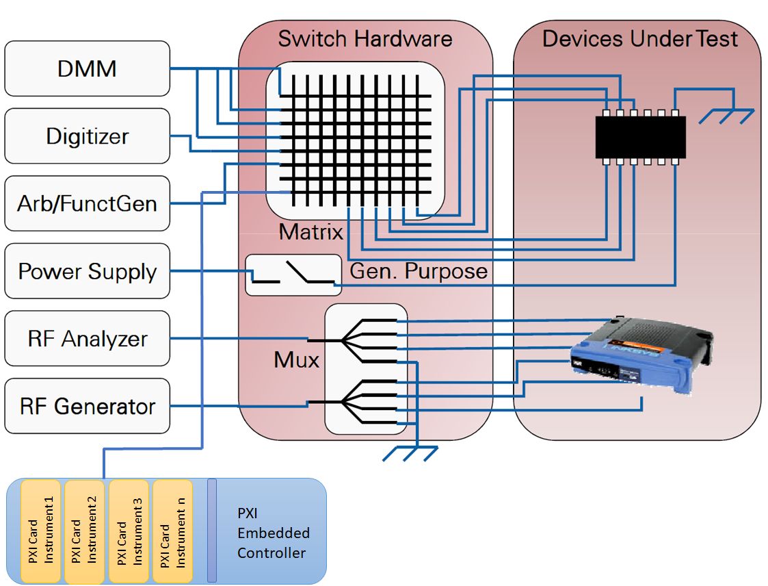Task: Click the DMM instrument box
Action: tap(87, 68)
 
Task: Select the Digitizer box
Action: tap(87, 136)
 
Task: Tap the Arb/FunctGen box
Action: tap(87, 203)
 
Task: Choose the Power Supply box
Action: tap(87, 271)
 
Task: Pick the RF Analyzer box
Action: tap(87, 338)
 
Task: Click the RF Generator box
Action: tap(87, 406)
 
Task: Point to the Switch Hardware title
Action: tap(365, 38)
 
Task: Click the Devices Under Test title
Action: tap(639, 38)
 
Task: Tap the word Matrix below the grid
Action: tap(310, 232)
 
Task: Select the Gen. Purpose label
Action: tap(419, 271)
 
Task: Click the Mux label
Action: tap(297, 359)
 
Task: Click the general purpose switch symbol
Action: tap(293, 275)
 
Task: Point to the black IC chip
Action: tap(640, 137)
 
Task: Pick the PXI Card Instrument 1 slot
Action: tap(41, 531)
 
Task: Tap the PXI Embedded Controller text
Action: tap(273, 533)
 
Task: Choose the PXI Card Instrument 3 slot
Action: tap(129, 531)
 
